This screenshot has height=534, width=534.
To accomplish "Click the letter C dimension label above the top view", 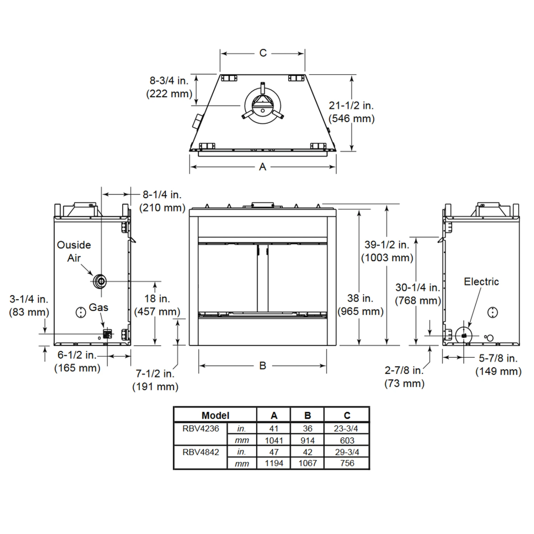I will point(263,53).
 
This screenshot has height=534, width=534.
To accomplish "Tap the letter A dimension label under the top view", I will point(262,167).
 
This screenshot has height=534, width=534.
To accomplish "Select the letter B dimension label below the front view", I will point(263,366).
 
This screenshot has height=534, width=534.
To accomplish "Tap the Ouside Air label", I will point(74,251).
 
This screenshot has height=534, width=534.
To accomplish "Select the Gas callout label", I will point(98,307).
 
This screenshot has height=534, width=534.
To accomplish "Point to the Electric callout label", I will point(481,282).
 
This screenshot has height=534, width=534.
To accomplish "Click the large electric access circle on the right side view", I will point(464,335).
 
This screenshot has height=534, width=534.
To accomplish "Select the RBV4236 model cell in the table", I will point(200,429).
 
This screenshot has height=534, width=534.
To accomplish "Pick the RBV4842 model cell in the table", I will point(200,452).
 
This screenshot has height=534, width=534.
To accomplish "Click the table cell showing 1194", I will point(274,463).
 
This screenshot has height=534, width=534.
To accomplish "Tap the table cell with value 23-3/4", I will point(347,429).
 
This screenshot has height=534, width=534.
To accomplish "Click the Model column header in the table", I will point(215,415).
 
